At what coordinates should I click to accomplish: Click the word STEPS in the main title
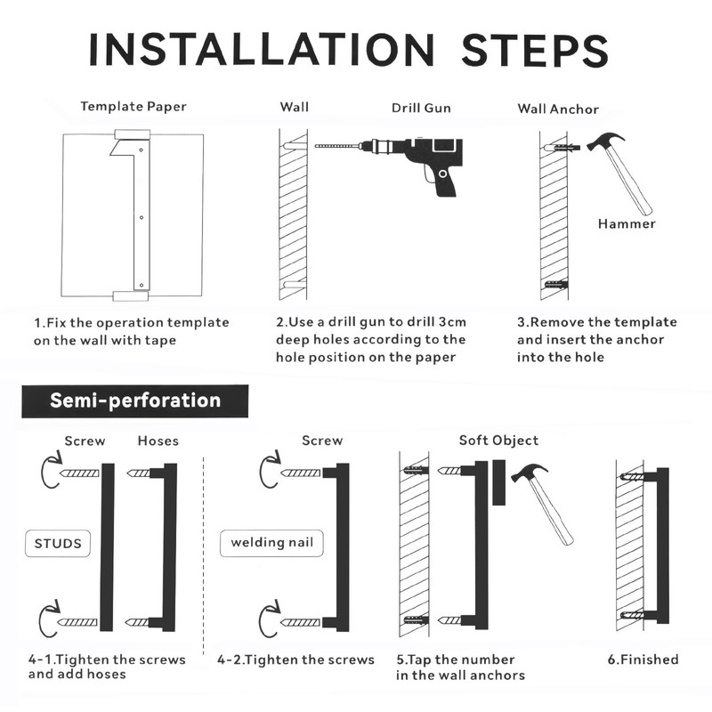pyautogui.click(x=535, y=50)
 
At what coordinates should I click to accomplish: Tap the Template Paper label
pyautogui.click(x=133, y=107)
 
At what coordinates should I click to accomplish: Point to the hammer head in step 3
pyautogui.click(x=605, y=141)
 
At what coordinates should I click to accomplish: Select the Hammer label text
pyautogui.click(x=627, y=224)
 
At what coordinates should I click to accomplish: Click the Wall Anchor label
pyautogui.click(x=558, y=109)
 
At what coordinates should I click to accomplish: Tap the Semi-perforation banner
pyautogui.click(x=135, y=401)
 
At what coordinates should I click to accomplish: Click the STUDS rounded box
pyautogui.click(x=58, y=543)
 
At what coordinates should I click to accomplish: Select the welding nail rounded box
pyautogui.click(x=271, y=543)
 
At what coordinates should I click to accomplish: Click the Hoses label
pyautogui.click(x=158, y=441)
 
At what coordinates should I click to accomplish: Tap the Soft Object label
pyautogui.click(x=498, y=441)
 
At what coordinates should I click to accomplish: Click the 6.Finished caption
pyautogui.click(x=643, y=659)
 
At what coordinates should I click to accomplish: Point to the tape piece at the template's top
pyautogui.click(x=132, y=134)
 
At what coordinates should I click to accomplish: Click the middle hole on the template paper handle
pyautogui.click(x=142, y=217)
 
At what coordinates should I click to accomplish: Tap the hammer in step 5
pyautogui.click(x=543, y=503)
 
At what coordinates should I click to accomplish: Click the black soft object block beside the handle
pyautogui.click(x=499, y=482)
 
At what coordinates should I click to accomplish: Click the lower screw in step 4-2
pyautogui.click(x=301, y=622)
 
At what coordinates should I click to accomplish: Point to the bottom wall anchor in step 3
pyautogui.click(x=555, y=285)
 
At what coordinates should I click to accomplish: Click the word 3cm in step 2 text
pyautogui.click(x=452, y=322)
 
